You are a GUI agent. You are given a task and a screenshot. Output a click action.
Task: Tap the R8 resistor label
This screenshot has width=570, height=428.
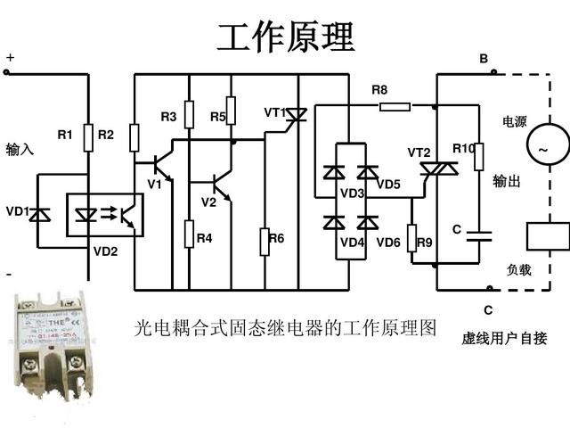pyautogui.click(x=379, y=90)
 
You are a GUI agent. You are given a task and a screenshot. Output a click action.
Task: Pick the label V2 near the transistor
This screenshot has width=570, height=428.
pyautogui.click(x=208, y=202)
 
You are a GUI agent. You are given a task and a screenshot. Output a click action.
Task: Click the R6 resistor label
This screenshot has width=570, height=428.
pyautogui.click(x=276, y=238)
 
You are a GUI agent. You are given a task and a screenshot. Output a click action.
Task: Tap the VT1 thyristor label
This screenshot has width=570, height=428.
pyautogui.click(x=274, y=113)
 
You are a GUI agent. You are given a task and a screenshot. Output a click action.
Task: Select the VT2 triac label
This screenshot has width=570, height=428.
pyautogui.click(x=419, y=152)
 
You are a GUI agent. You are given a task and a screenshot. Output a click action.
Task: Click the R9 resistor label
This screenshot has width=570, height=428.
pyautogui.click(x=424, y=243)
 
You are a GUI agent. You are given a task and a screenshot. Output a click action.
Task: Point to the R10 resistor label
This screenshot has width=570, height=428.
pyautogui.click(x=463, y=148)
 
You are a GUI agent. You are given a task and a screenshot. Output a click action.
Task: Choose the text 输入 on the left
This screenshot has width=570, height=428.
pyautogui.click(x=20, y=149)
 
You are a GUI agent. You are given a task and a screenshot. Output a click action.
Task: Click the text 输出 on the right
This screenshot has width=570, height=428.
pyautogui.click(x=506, y=181)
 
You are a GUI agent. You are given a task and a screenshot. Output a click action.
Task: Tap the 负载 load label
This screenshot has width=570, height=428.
pyautogui.click(x=519, y=269)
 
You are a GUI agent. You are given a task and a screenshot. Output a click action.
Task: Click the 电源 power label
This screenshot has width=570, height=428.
pyautogui.click(x=516, y=122)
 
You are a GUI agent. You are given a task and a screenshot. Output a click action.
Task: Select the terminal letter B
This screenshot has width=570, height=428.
pyautogui.click(x=484, y=59)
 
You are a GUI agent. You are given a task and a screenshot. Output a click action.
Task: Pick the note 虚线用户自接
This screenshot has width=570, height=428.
pyautogui.click(x=504, y=338)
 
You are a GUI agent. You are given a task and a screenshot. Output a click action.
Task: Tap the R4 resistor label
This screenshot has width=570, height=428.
pyautogui.click(x=205, y=238)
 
